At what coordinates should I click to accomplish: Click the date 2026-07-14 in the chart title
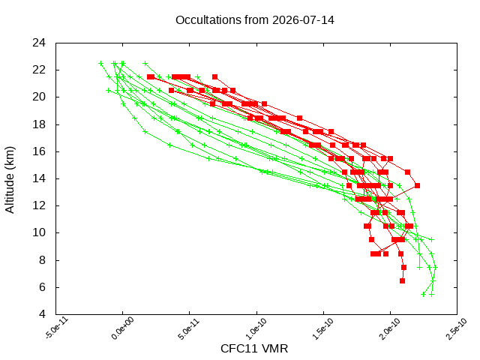pyautogui.click(x=303, y=20)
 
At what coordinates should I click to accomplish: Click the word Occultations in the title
pyautogui.click(x=208, y=20)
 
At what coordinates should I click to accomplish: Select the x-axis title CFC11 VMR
pyautogui.click(x=254, y=349)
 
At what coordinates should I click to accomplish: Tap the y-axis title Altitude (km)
pyautogui.click(x=10, y=180)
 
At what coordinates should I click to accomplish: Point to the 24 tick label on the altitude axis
pyautogui.click(x=39, y=43)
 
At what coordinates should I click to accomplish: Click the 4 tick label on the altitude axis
pyautogui.click(x=42, y=314)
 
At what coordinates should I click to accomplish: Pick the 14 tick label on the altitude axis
pyautogui.click(x=39, y=178)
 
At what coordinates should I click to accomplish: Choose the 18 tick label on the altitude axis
pyautogui.click(x=39, y=124)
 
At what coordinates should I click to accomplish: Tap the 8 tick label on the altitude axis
pyautogui.click(x=42, y=260)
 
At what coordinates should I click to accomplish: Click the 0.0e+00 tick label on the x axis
pyautogui.click(x=122, y=328)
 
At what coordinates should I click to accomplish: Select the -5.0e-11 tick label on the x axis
pyautogui.click(x=57, y=328)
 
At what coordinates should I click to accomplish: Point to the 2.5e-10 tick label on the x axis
pyautogui.click(x=456, y=328)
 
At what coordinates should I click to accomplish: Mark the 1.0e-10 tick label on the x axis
pyautogui.click(x=256, y=328)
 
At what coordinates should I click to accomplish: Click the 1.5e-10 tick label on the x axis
pyautogui.click(x=322, y=328)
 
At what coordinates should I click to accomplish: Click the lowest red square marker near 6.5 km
pyautogui.click(x=402, y=280)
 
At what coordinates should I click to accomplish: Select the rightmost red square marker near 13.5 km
pyautogui.click(x=417, y=185)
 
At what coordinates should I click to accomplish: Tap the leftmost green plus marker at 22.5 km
pyautogui.click(x=101, y=64)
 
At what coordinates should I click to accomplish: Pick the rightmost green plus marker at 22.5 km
pyautogui.click(x=145, y=64)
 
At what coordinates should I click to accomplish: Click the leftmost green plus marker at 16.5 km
pyautogui.click(x=170, y=145)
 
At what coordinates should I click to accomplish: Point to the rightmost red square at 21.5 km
pyautogui.click(x=215, y=76)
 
